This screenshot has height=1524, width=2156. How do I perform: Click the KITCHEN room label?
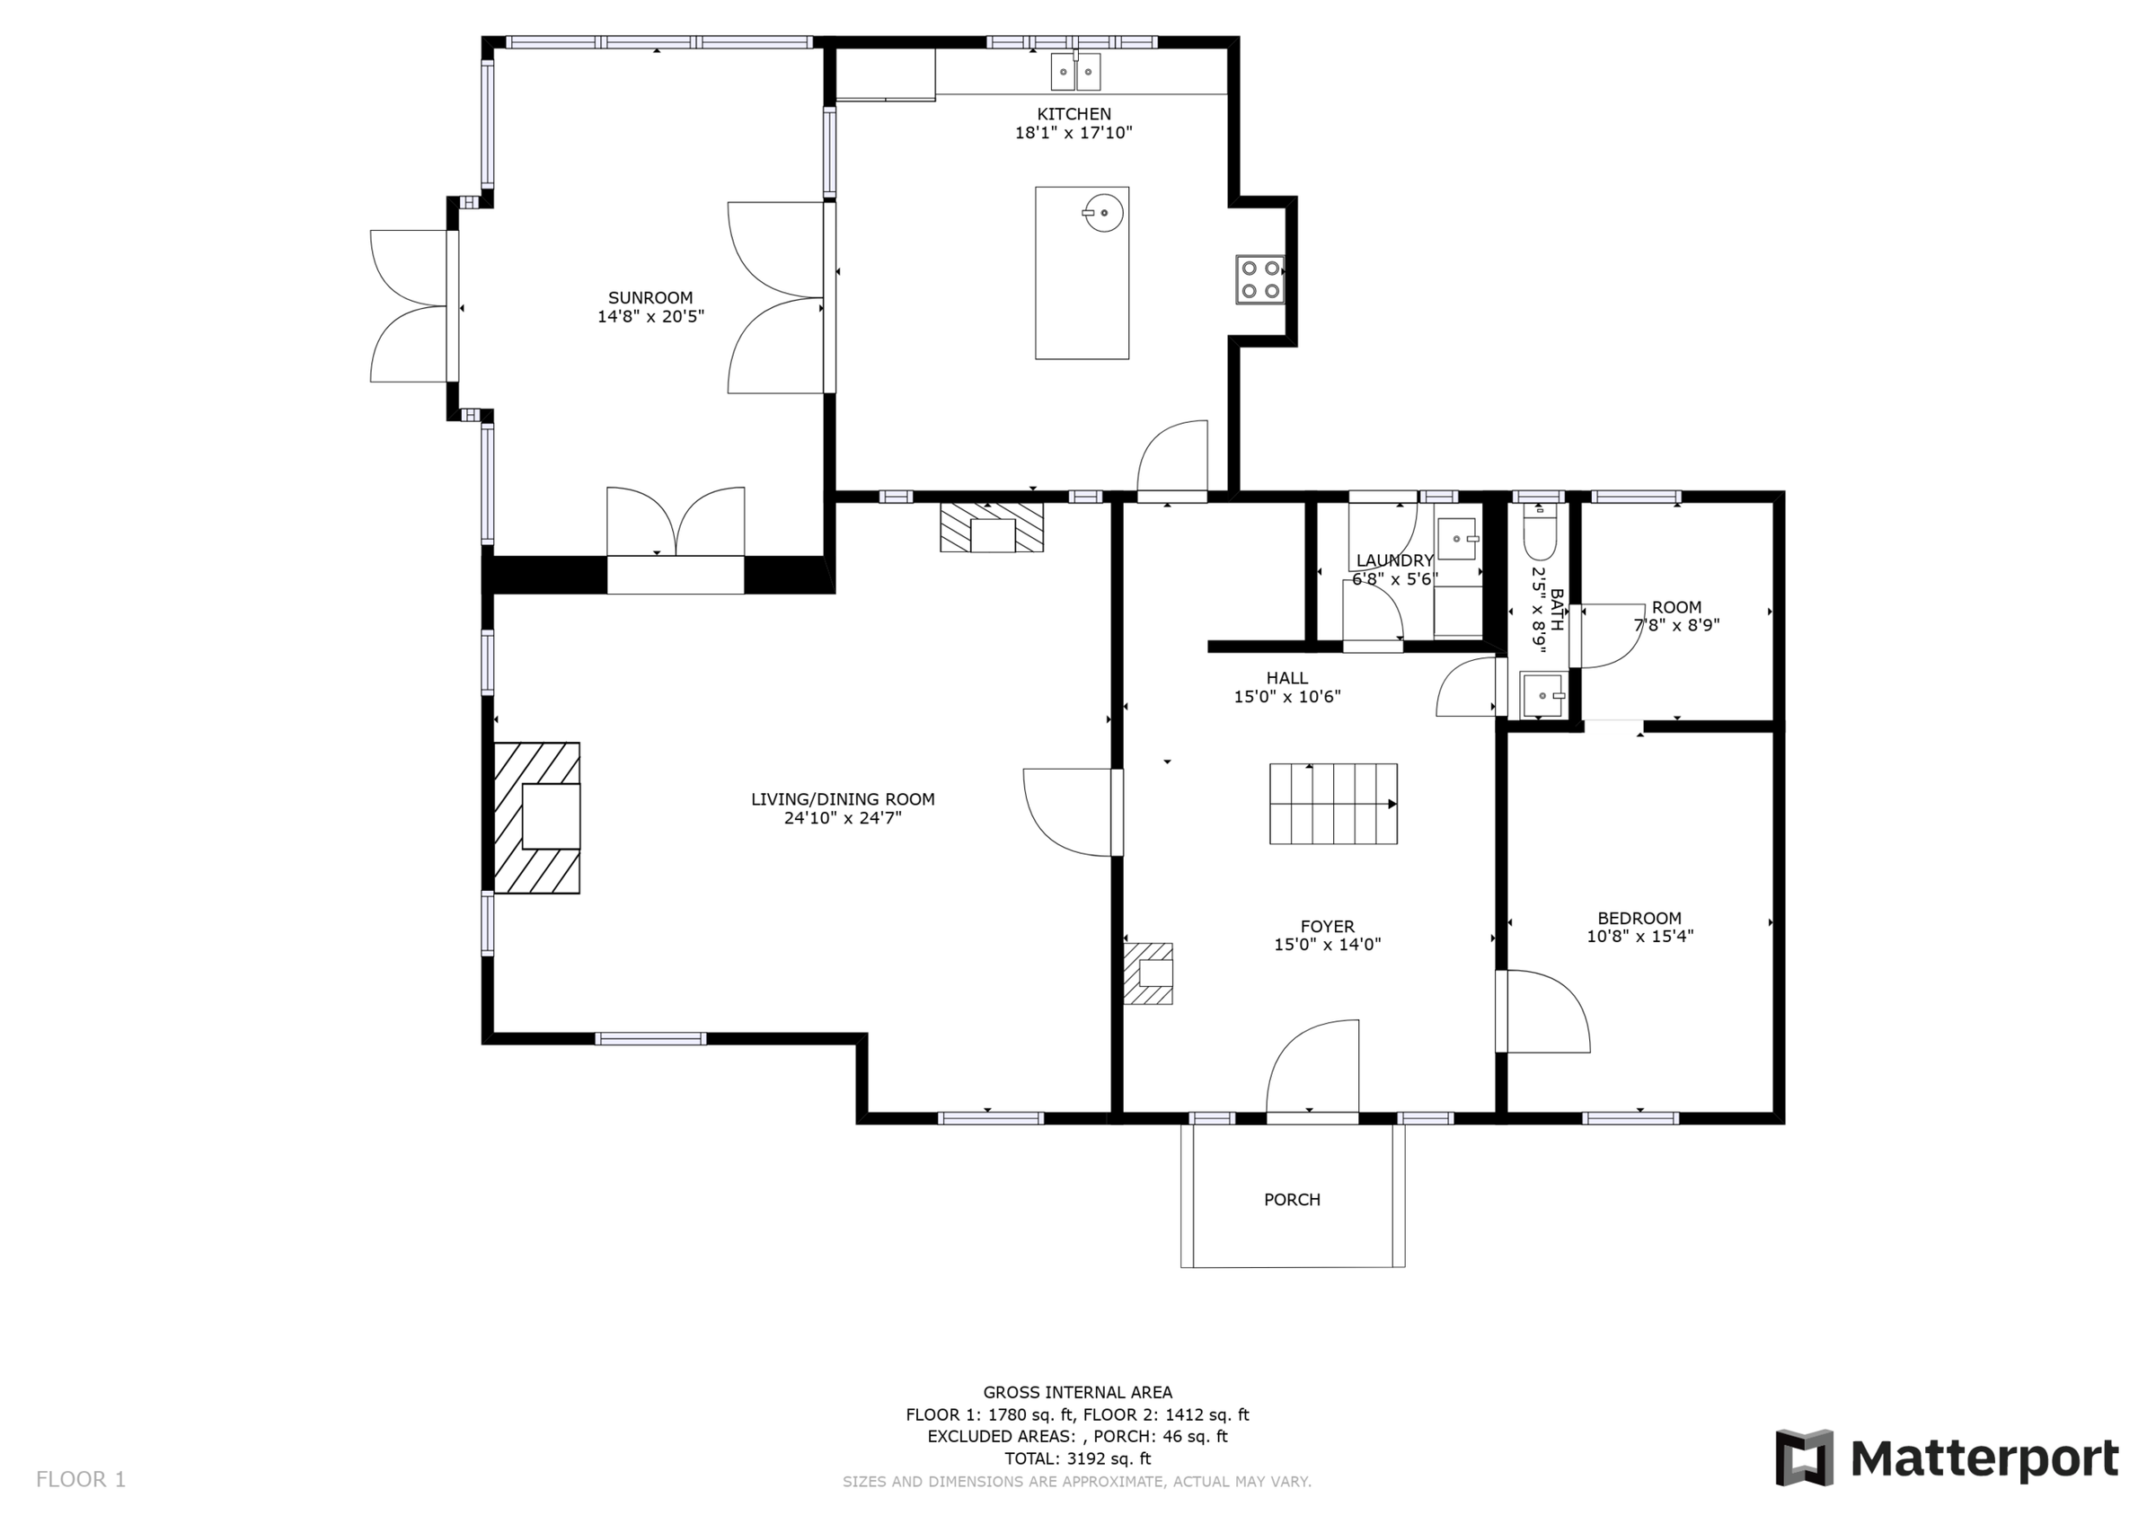[x=1074, y=114]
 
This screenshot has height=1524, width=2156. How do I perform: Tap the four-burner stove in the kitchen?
[x=1259, y=279]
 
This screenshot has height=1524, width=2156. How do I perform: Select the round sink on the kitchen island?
[x=1104, y=212]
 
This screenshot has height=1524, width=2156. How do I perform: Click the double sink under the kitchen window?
[x=1075, y=71]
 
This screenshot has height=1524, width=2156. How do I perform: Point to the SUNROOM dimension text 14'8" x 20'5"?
[x=649, y=316]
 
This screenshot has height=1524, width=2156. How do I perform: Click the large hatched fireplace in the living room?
[x=537, y=817]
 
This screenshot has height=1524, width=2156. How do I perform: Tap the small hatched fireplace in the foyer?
[x=1148, y=973]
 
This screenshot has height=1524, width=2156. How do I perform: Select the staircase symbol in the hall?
[x=1332, y=804]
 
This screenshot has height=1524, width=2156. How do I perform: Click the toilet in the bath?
[x=1539, y=533]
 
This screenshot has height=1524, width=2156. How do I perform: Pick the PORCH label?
[x=1291, y=1199]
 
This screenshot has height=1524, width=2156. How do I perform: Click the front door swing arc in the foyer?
[x=1311, y=1069]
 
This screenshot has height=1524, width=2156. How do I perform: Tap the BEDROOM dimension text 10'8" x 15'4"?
[x=1639, y=936]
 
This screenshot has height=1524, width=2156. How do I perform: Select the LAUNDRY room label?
[x=1394, y=560]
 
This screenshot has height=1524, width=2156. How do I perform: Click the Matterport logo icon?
[x=1803, y=1458]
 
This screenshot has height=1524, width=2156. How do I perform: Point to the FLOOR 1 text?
[x=81, y=1480]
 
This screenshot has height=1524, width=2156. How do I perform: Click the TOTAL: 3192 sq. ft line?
[x=1077, y=1458]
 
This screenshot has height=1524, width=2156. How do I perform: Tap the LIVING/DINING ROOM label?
[x=843, y=799]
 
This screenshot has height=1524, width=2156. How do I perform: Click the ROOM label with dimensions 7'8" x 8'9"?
[x=1676, y=606]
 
